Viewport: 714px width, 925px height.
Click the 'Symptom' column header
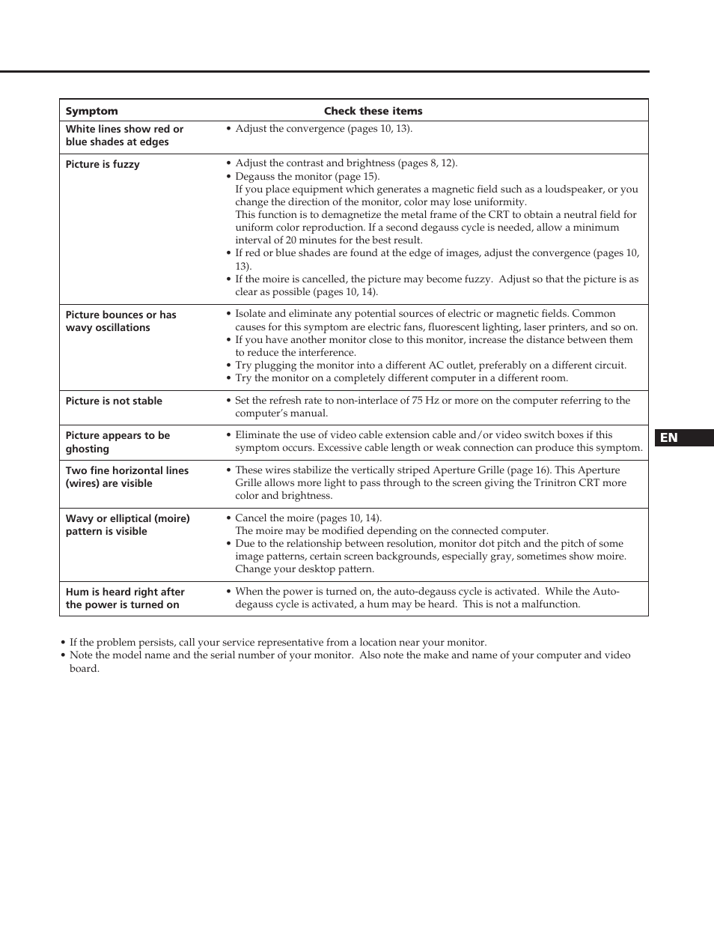[x=91, y=111]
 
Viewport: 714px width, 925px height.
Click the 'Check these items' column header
[x=373, y=111]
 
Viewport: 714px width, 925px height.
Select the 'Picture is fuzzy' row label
[x=103, y=164]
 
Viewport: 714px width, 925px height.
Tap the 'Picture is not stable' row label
[x=114, y=401]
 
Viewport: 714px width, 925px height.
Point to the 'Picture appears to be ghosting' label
[x=118, y=442]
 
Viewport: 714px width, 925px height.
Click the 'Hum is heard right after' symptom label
[x=125, y=592]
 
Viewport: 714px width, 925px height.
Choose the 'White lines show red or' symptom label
[x=124, y=129]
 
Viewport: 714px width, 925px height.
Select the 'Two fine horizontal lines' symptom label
[x=127, y=470]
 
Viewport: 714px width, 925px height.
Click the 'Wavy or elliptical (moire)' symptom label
[x=127, y=518]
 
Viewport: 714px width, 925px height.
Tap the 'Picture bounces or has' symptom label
[x=120, y=315]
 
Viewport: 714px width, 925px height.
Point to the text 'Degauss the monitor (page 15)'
[x=307, y=177]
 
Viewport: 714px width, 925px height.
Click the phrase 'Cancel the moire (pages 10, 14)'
[x=308, y=518]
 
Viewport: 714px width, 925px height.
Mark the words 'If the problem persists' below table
[x=123, y=643]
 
